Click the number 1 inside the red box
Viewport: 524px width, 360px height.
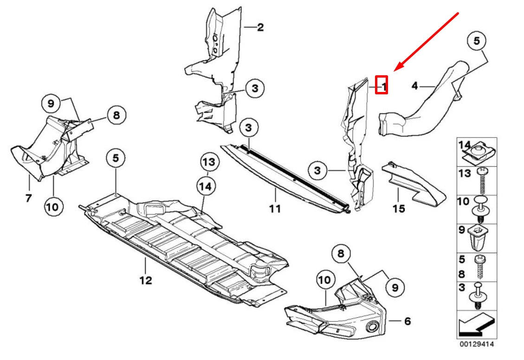(x=384, y=85)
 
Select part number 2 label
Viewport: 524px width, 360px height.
(x=260, y=27)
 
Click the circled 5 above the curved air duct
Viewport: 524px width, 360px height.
(x=476, y=41)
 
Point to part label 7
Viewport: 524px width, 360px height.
(x=28, y=198)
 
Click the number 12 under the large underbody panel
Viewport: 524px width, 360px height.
(x=145, y=280)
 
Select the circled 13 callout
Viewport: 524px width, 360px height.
(x=209, y=162)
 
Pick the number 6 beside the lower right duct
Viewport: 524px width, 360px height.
(x=407, y=321)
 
